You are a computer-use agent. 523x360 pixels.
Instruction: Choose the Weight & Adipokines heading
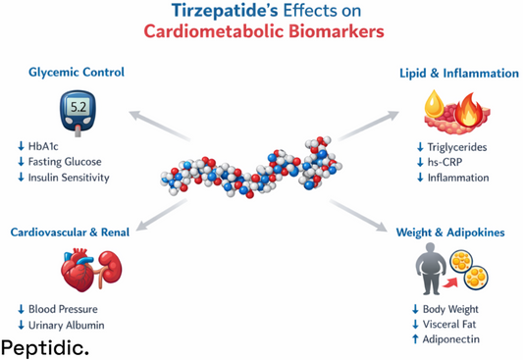click(x=450, y=232)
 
